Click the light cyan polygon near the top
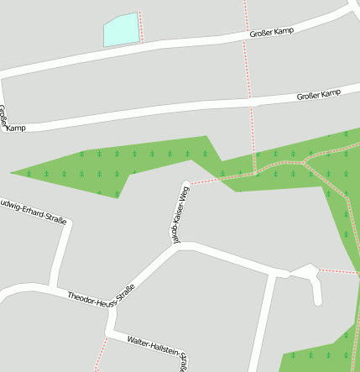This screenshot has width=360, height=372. [120, 30]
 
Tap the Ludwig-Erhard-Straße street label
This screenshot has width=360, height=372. [34, 210]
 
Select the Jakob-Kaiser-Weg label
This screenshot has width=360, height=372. [177, 215]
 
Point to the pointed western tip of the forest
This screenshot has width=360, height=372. [13, 172]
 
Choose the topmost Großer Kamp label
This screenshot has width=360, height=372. [268, 33]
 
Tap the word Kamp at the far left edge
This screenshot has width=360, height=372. [14, 128]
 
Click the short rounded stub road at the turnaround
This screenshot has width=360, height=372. [317, 290]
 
